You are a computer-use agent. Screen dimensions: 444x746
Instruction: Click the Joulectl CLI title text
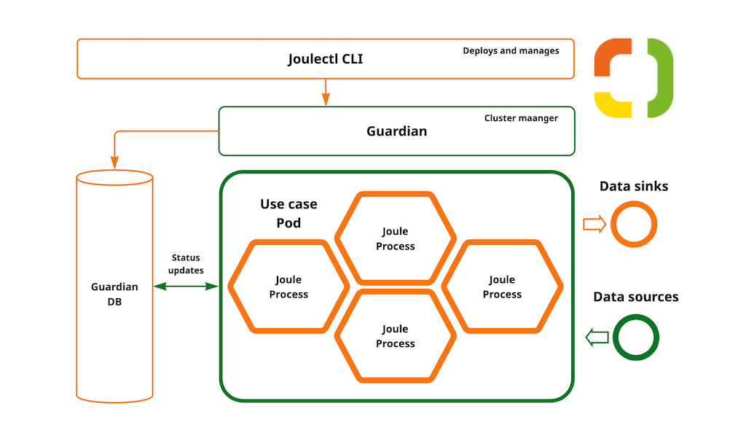pyautogui.click(x=325, y=59)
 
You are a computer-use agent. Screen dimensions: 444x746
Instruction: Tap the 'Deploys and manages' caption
pyautogui.click(x=511, y=51)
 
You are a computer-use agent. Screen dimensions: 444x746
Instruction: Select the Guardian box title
pyautogui.click(x=396, y=131)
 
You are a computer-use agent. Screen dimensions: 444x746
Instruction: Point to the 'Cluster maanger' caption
pyautogui.click(x=521, y=118)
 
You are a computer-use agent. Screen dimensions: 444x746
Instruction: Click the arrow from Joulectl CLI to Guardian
pyautogui.click(x=326, y=92)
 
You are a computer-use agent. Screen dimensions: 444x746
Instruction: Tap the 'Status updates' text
pyautogui.click(x=186, y=264)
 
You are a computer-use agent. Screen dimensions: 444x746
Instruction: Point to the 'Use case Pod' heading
pyautogui.click(x=288, y=214)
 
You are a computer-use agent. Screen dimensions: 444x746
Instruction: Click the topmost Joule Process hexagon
pyautogui.click(x=395, y=238)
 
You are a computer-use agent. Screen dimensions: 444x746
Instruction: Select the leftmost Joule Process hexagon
pyautogui.click(x=288, y=287)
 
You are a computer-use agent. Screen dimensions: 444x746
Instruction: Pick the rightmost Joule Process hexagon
pyautogui.click(x=502, y=287)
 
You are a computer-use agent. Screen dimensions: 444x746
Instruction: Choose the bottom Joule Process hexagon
pyautogui.click(x=395, y=336)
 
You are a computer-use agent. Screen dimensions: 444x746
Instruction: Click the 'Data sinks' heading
pyautogui.click(x=633, y=187)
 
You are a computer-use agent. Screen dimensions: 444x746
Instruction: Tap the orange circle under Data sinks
pyautogui.click(x=633, y=225)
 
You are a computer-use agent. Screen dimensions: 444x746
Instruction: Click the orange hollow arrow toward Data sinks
pyautogui.click(x=594, y=225)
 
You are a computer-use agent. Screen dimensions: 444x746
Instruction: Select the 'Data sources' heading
pyautogui.click(x=635, y=297)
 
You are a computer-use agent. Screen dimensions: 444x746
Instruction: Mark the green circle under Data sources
pyautogui.click(x=635, y=337)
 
